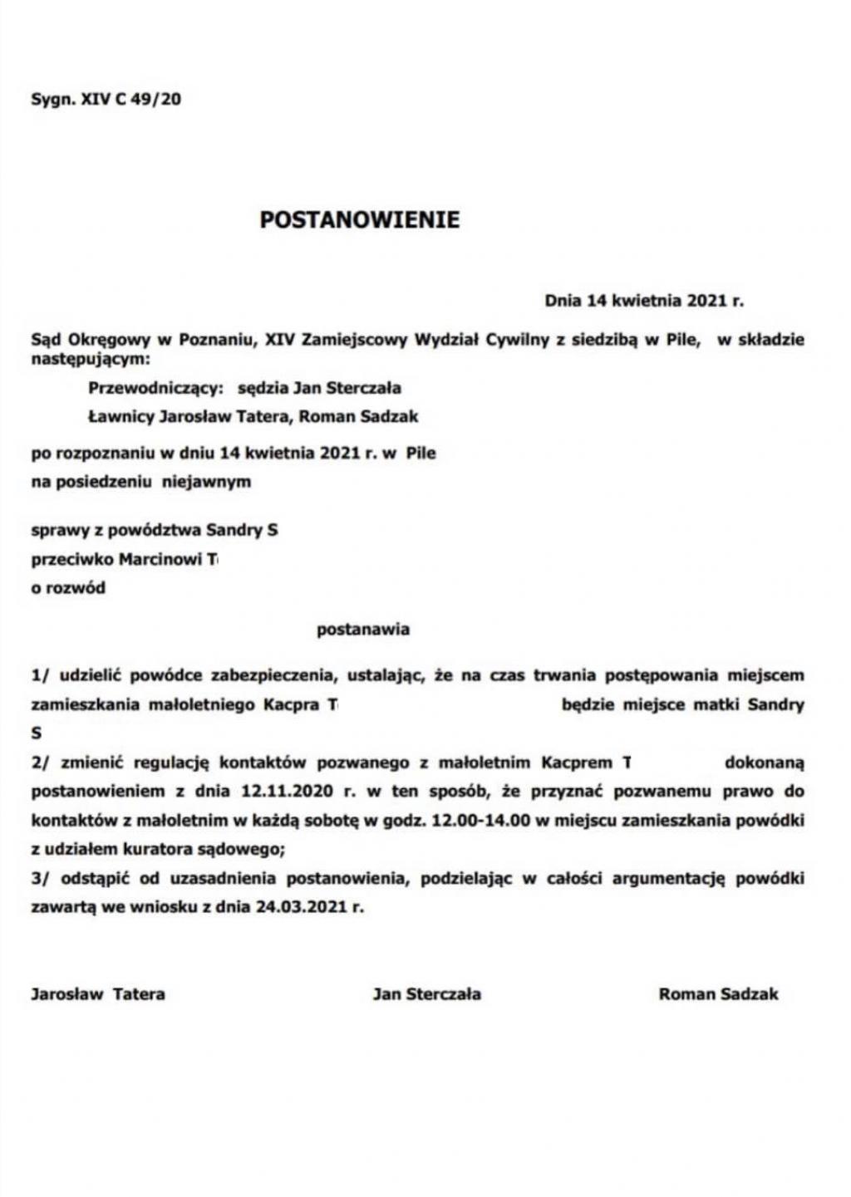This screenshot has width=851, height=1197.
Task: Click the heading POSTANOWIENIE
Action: point(359,220)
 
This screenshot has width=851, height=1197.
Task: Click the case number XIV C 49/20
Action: point(130,101)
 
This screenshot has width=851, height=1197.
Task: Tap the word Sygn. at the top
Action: point(52,101)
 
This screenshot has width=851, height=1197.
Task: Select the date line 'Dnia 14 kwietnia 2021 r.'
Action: point(644,301)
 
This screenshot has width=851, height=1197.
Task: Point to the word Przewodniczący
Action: point(155,388)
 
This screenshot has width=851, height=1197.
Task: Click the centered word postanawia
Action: point(363,630)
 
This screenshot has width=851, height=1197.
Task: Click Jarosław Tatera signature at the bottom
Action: point(98,994)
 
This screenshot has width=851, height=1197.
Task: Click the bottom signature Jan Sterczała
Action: point(427,994)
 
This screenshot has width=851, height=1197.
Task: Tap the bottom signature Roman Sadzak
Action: point(719,994)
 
